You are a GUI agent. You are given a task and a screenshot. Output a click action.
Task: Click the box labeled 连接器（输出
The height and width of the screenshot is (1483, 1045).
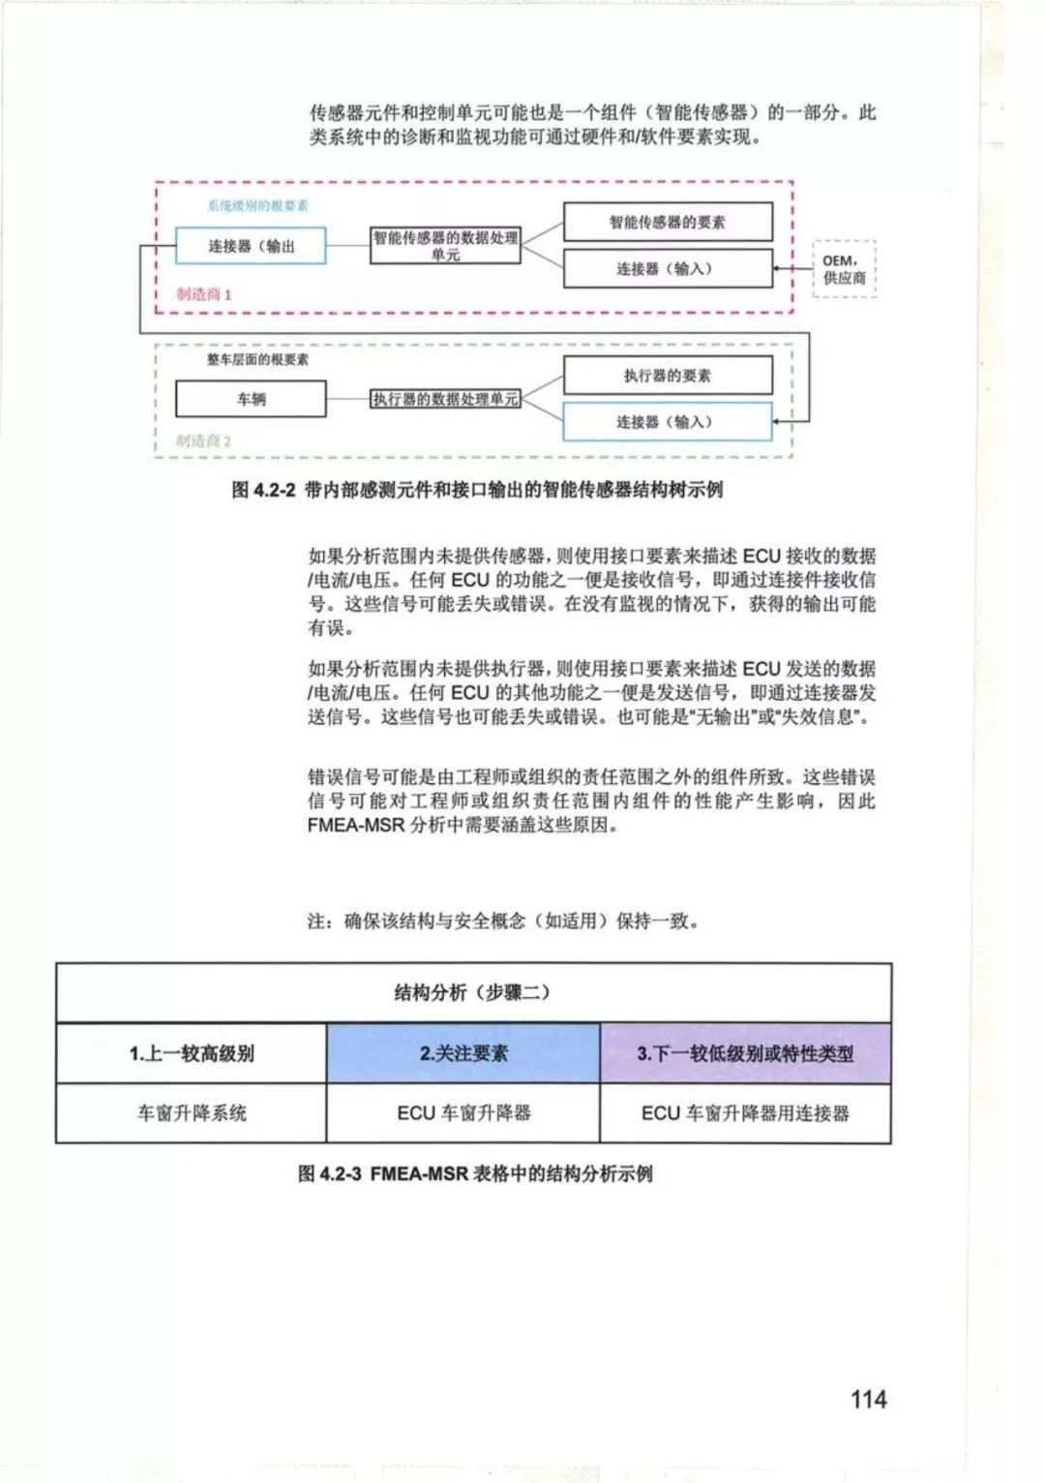[251, 246]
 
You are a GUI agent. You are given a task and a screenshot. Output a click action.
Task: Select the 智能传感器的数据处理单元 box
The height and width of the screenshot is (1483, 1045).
[446, 246]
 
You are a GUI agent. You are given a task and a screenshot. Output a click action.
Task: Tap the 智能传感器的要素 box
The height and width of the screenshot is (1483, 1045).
[668, 222]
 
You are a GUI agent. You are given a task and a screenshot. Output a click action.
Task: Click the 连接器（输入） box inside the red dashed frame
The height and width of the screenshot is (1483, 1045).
[668, 268]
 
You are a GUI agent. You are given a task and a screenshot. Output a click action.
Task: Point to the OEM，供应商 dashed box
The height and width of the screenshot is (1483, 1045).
[844, 269]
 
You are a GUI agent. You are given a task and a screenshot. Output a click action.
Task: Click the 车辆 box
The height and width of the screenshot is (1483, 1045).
[251, 399]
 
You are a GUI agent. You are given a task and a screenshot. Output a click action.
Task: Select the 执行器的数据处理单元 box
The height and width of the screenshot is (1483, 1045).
[446, 399]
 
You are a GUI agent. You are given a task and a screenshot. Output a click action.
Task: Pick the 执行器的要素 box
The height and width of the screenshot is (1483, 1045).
[668, 375]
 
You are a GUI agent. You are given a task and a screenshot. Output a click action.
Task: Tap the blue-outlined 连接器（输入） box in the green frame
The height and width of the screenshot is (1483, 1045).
[668, 422]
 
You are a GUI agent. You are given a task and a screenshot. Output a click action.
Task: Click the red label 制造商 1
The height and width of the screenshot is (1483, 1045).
[204, 294]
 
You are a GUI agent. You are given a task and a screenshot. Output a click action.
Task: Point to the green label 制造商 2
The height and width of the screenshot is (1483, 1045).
[203, 441]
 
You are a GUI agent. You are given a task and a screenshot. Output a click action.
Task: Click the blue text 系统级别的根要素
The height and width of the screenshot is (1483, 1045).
[257, 206]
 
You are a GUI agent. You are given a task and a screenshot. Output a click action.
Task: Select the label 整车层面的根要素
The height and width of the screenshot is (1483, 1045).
[257, 360]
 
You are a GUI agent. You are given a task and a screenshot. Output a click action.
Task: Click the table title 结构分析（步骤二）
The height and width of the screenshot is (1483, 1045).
[472, 992]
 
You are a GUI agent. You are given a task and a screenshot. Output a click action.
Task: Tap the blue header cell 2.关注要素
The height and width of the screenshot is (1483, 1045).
[463, 1053]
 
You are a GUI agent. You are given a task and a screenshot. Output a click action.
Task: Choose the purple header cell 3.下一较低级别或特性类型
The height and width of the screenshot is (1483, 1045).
[745, 1053]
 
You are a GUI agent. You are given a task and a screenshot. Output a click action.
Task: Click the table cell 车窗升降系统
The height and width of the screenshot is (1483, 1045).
[192, 1113]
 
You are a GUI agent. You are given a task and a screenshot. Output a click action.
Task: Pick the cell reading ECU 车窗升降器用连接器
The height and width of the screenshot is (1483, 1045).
[745, 1113]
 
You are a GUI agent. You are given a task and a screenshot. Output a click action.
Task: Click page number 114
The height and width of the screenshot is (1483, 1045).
[868, 1399]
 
